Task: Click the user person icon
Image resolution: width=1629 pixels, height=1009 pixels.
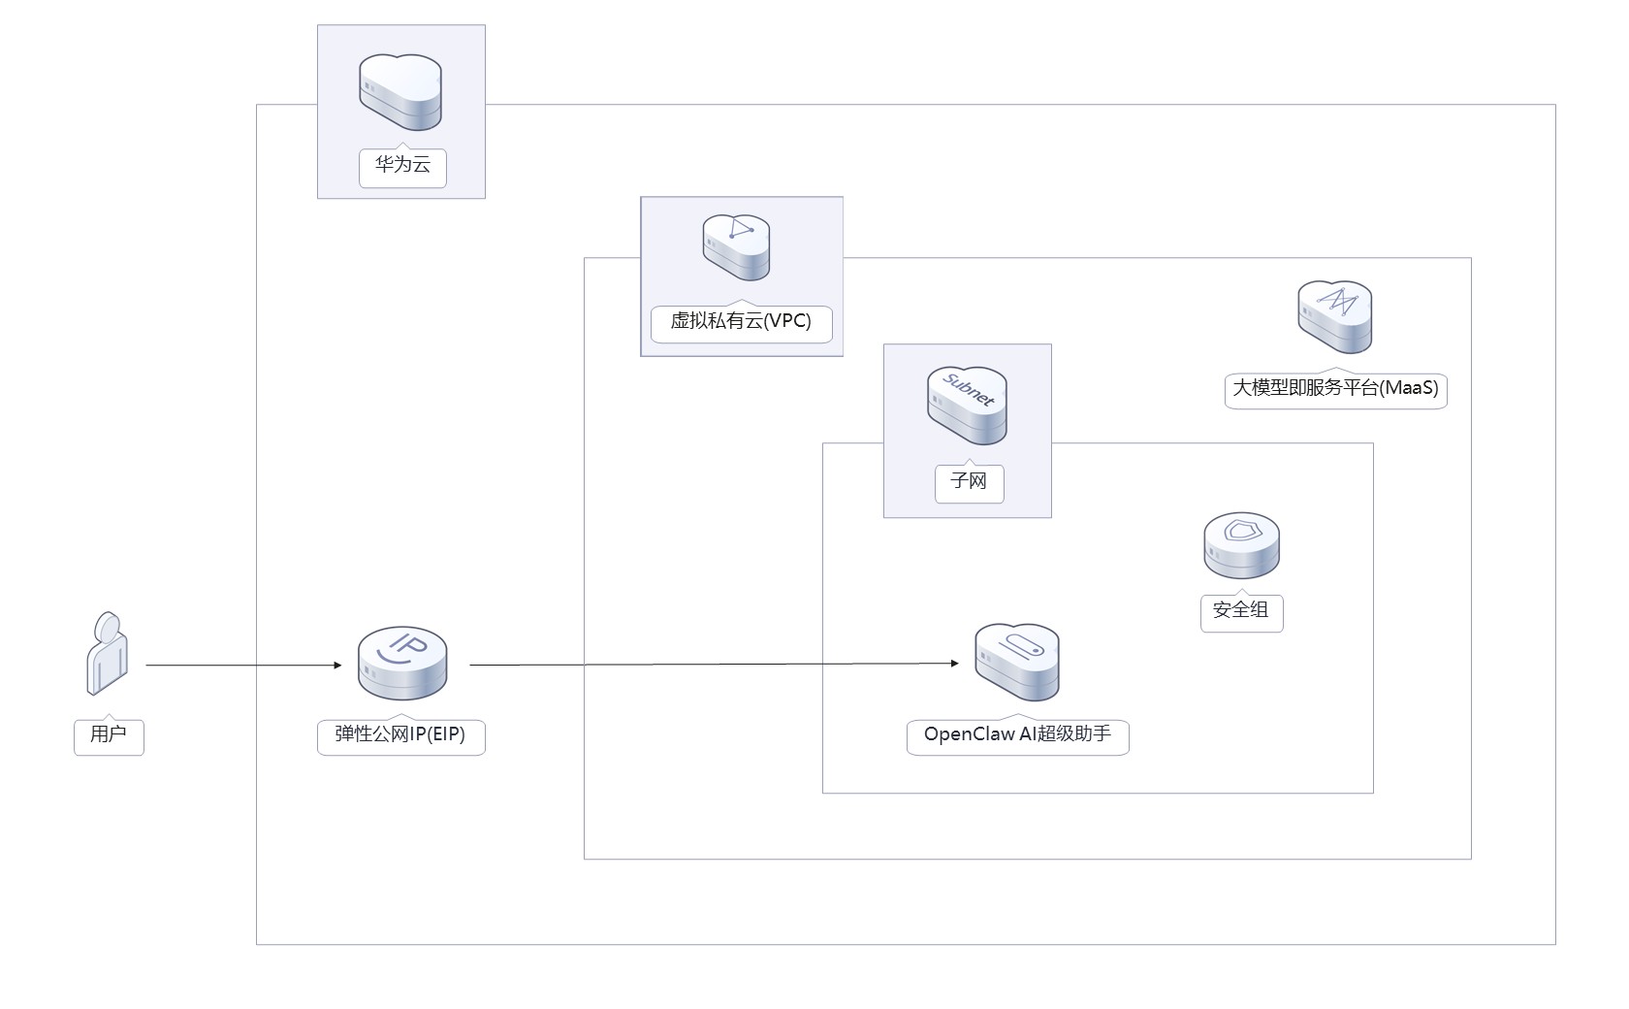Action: click(x=108, y=653)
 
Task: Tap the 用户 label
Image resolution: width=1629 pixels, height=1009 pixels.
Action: click(x=109, y=734)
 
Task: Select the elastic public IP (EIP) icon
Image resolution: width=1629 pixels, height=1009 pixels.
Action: click(x=402, y=664)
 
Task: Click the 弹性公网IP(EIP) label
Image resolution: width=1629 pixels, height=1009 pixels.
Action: click(x=400, y=734)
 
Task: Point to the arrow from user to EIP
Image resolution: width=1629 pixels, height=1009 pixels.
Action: click(x=242, y=666)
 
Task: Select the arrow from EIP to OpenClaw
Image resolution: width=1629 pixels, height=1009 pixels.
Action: click(x=713, y=665)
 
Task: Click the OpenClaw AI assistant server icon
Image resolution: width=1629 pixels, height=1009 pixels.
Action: click(x=1016, y=663)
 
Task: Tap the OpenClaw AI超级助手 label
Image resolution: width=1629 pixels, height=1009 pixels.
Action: click(x=1017, y=734)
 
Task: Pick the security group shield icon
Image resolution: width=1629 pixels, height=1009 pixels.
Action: click(x=1241, y=546)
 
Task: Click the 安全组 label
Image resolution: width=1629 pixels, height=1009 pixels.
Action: click(x=1241, y=610)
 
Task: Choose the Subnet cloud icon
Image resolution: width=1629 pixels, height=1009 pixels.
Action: click(x=967, y=405)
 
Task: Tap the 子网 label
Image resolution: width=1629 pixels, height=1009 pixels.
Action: click(x=969, y=481)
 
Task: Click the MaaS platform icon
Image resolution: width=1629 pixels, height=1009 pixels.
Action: click(x=1335, y=317)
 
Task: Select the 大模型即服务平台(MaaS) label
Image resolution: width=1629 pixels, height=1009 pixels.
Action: click(x=1335, y=388)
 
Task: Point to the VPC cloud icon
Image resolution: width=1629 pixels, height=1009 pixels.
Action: click(x=737, y=246)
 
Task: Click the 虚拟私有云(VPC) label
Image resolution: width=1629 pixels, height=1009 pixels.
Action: click(x=741, y=321)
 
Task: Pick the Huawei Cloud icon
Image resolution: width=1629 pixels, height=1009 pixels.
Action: click(x=400, y=92)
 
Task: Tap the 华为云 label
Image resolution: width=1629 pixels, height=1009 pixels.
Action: click(x=402, y=165)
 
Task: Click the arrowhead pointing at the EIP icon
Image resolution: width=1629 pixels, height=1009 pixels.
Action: click(x=337, y=666)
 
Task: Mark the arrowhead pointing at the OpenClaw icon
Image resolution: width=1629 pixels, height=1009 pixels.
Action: click(x=954, y=664)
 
